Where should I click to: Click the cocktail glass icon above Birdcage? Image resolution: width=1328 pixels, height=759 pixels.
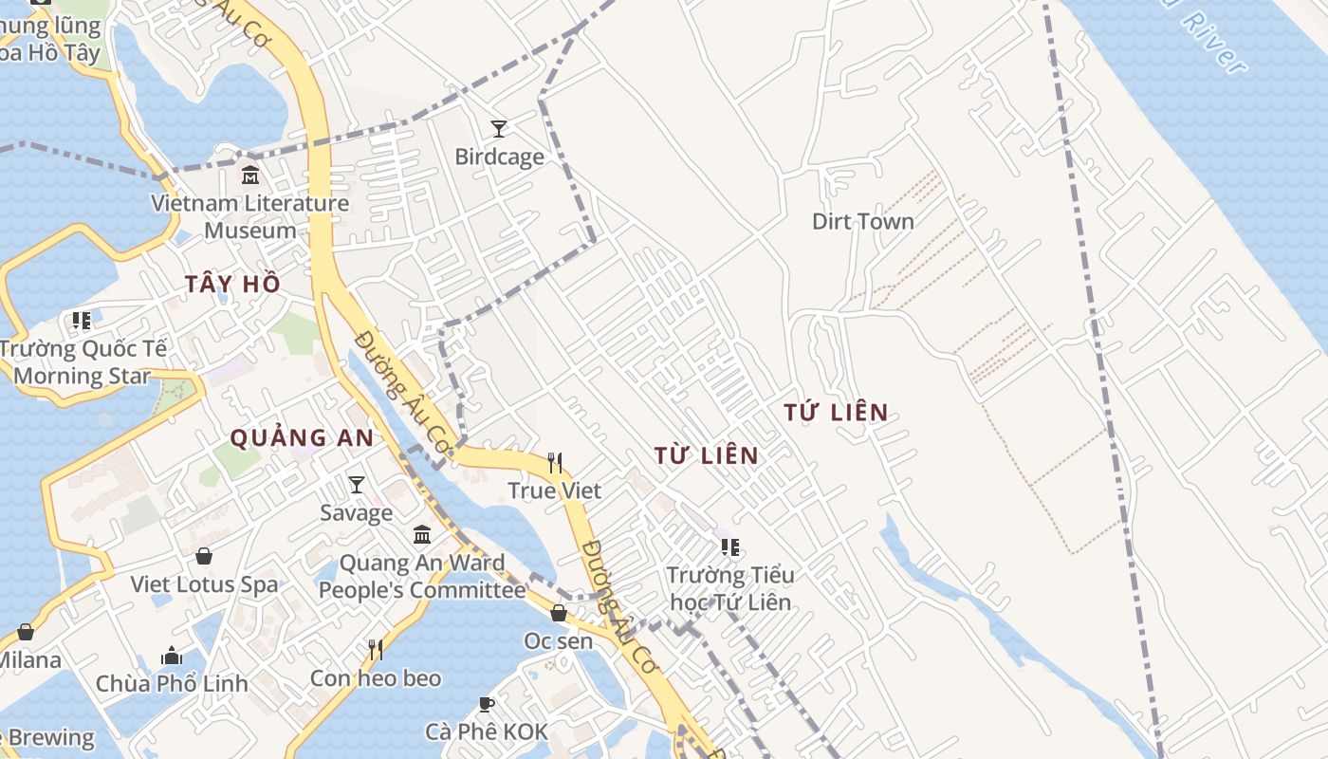click(499, 128)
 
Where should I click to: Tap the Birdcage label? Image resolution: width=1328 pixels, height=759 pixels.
click(499, 157)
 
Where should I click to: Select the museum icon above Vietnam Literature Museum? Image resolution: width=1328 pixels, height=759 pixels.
click(250, 176)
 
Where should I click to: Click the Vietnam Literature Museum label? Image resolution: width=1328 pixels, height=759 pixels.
click(250, 216)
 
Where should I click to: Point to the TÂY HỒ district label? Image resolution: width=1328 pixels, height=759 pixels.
click(232, 284)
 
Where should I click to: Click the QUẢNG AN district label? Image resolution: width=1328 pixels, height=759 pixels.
click(303, 438)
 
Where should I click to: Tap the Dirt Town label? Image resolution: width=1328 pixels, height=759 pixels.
click(863, 222)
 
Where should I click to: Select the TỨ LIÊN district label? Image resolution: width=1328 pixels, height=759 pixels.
click(837, 413)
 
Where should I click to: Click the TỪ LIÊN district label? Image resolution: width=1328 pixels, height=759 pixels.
click(707, 455)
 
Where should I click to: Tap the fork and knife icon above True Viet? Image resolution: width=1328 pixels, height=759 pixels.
click(555, 463)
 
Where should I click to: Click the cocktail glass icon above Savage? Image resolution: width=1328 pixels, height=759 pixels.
click(357, 485)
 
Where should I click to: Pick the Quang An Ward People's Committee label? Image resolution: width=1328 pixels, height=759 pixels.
click(421, 577)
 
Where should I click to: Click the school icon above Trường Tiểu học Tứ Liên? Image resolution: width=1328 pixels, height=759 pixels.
click(729, 546)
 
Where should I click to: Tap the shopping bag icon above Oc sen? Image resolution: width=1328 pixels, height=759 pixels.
click(559, 613)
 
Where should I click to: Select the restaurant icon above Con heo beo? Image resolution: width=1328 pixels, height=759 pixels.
click(376, 650)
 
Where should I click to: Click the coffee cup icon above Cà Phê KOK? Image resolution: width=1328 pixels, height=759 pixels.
click(487, 704)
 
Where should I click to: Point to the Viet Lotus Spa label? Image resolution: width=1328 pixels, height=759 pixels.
click(205, 584)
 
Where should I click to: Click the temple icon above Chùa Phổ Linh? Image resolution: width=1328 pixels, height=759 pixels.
click(172, 656)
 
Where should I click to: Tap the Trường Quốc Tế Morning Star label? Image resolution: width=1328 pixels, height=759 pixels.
click(83, 362)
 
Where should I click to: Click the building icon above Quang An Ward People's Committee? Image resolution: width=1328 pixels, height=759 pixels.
click(422, 535)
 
